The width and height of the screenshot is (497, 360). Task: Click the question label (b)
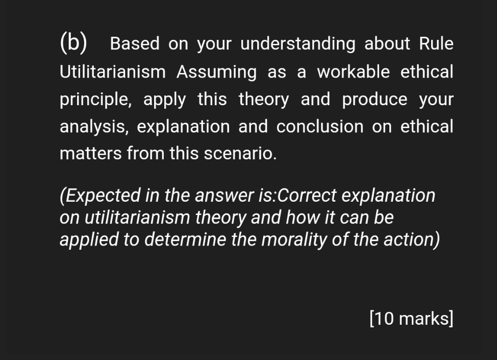(73, 42)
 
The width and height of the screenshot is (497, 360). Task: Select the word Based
(135, 43)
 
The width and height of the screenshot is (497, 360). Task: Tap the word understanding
(298, 44)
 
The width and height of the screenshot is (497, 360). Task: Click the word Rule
(436, 43)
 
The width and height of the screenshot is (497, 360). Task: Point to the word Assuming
(216, 72)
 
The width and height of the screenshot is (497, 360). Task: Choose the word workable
(354, 71)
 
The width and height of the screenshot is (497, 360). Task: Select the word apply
(164, 100)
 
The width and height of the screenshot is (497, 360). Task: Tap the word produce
(375, 100)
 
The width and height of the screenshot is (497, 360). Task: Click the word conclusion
(320, 127)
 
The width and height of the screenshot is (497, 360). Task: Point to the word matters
(91, 154)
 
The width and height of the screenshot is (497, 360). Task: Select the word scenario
(240, 154)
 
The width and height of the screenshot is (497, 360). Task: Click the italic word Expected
(103, 196)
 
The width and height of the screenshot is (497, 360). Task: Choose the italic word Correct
(307, 196)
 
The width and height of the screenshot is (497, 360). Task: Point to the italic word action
(409, 239)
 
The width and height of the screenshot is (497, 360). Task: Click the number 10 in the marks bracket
(385, 319)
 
